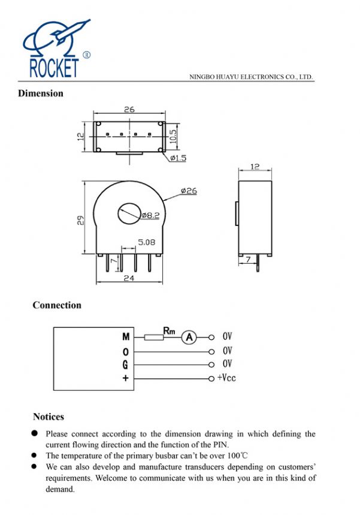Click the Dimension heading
[x=40, y=93]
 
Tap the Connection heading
[x=57, y=305]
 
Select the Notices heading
[x=49, y=417]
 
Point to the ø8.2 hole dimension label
[x=151, y=215]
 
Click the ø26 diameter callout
[x=189, y=191]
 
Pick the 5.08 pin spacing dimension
[x=147, y=242]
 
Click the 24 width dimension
[x=128, y=278]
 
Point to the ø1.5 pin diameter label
[x=179, y=158]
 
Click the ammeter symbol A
[x=189, y=338]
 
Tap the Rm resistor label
[x=169, y=329]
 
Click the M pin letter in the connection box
[x=126, y=338]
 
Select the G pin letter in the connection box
[x=126, y=365]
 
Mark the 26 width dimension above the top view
[x=129, y=110]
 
